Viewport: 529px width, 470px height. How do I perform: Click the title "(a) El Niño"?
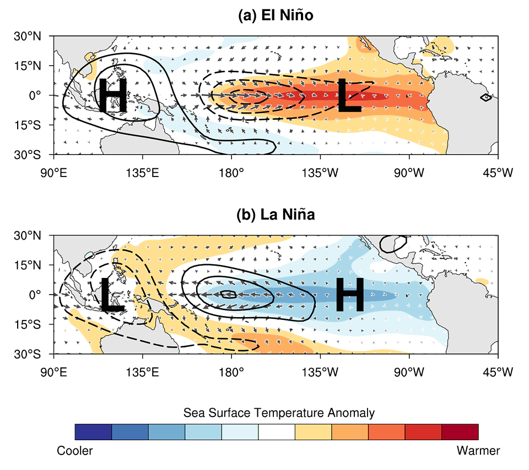click(x=276, y=15)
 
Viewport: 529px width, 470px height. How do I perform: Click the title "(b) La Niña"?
click(x=276, y=215)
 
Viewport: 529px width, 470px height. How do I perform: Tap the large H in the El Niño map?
click(x=112, y=95)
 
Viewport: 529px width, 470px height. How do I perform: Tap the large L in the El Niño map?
click(x=349, y=95)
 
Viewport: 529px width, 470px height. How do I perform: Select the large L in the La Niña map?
click(x=112, y=295)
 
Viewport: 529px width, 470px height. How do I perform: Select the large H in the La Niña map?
click(x=350, y=295)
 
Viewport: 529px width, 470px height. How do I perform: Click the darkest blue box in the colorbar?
click(x=93, y=432)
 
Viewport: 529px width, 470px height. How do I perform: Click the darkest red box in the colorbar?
click(x=460, y=432)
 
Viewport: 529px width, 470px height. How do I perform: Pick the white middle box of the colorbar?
click(x=277, y=432)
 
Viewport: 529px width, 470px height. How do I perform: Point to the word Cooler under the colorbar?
click(x=74, y=451)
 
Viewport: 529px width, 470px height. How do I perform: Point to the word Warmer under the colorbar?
click(x=478, y=451)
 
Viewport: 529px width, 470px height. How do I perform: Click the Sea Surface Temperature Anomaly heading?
click(x=279, y=413)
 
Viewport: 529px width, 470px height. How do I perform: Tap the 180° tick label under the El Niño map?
click(x=231, y=173)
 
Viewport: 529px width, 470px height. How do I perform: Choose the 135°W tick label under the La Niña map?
click(x=320, y=372)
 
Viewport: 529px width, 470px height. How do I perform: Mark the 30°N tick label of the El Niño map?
click(x=28, y=36)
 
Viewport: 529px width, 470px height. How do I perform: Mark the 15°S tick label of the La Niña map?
click(x=28, y=324)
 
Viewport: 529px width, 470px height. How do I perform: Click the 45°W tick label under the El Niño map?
click(x=498, y=173)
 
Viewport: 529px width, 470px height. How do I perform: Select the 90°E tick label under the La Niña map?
click(x=53, y=372)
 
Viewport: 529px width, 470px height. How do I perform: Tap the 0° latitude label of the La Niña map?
click(x=35, y=295)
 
